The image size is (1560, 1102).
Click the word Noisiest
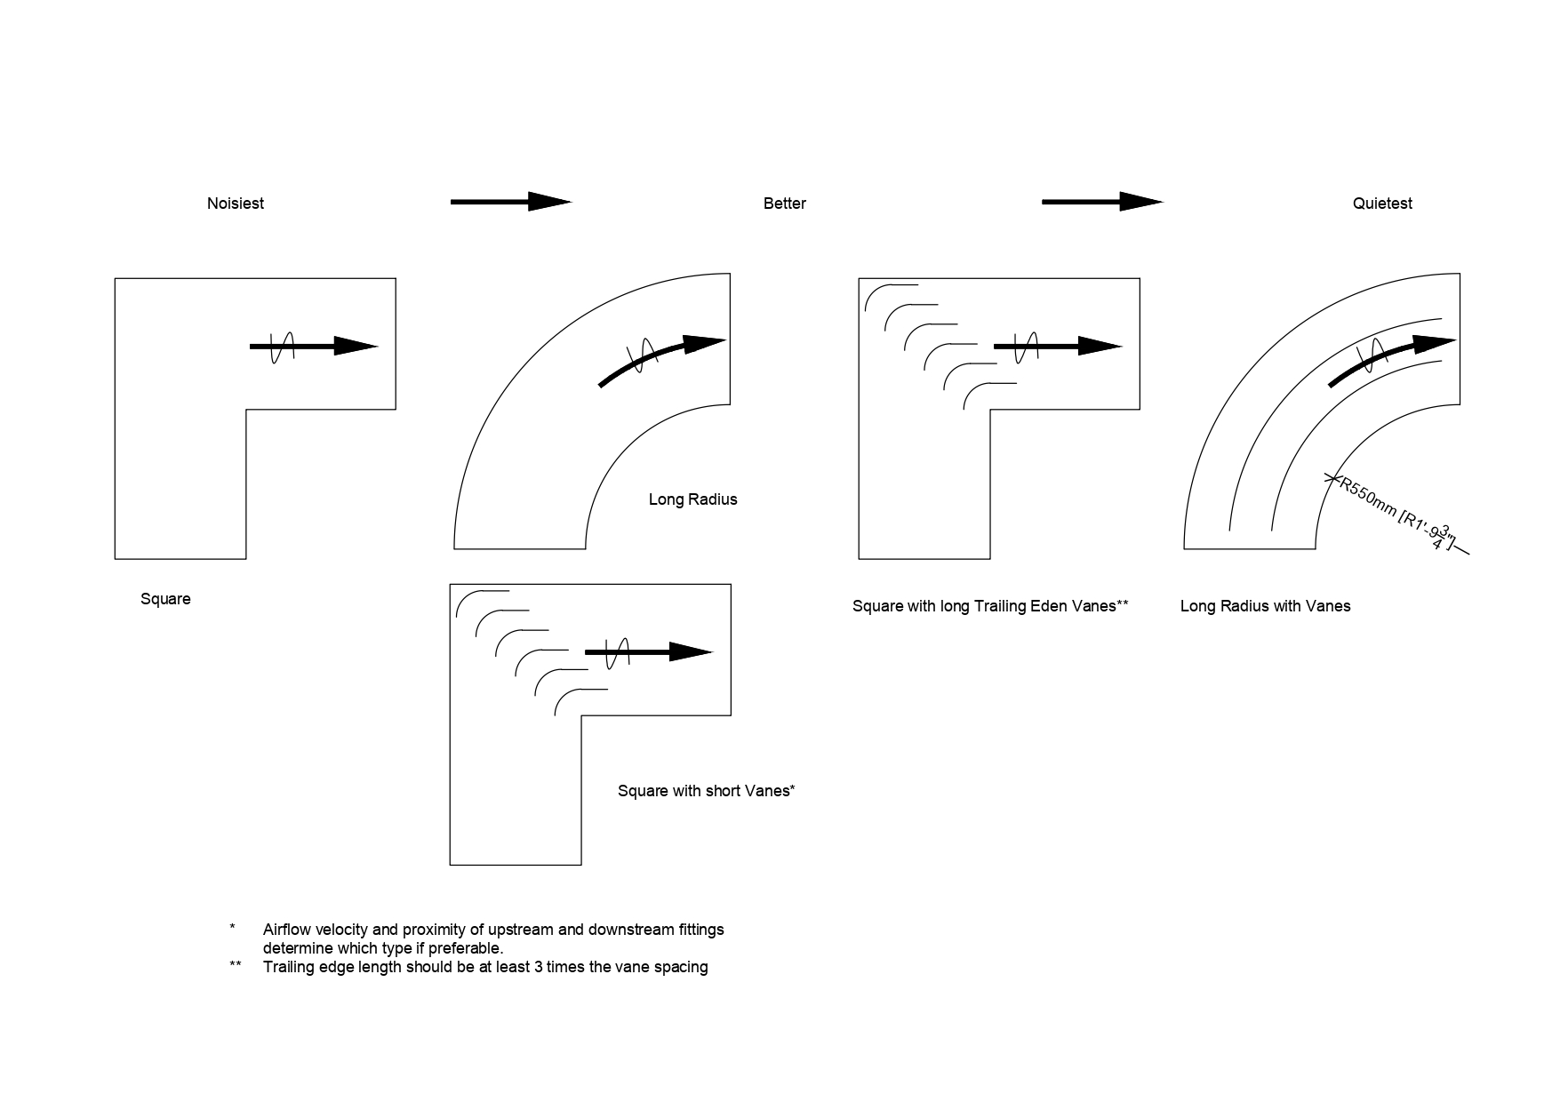[235, 204]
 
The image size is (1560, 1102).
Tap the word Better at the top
[784, 204]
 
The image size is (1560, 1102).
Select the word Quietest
[1382, 204]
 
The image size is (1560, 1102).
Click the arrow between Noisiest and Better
[510, 202]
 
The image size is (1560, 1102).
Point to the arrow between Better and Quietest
[1101, 202]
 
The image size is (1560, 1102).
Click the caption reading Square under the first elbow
[165, 599]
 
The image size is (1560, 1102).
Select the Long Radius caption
[692, 499]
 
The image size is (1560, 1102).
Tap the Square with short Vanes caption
[706, 791]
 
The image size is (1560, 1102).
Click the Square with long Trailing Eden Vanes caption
[989, 606]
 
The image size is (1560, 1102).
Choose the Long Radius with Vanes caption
[1265, 606]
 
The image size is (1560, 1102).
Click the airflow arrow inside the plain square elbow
[313, 347]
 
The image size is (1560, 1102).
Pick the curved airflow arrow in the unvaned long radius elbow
[662, 358]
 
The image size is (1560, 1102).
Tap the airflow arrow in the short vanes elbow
[648, 652]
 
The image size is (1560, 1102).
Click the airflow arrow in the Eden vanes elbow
[1057, 347]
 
